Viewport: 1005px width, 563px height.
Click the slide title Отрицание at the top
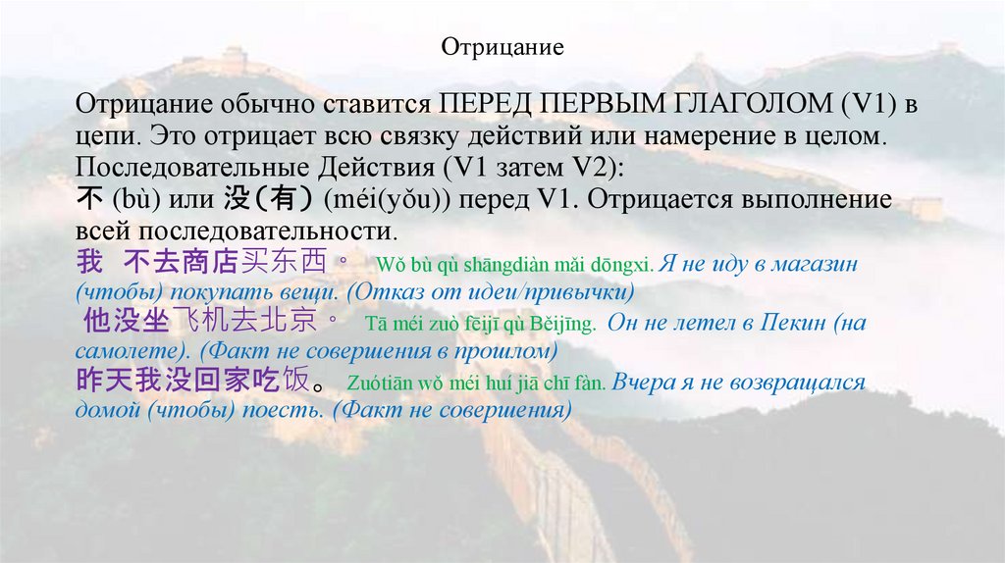(502, 47)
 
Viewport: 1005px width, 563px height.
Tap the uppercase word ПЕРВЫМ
(608, 104)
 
